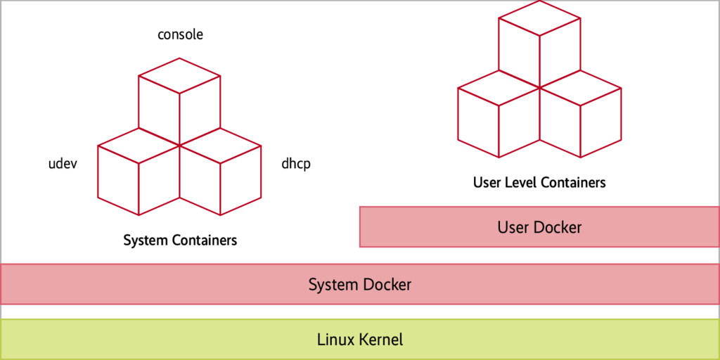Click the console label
180,34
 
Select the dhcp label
295,164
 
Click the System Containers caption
180,240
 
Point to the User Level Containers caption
539,183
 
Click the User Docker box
539,227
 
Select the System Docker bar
360,284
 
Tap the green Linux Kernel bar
360,340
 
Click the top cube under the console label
179,98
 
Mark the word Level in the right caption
519,183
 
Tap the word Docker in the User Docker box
558,227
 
